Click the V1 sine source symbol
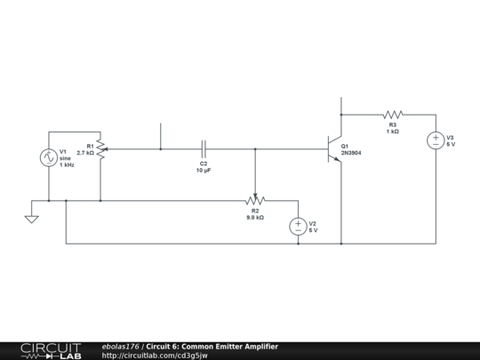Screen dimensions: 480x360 tap(49, 157)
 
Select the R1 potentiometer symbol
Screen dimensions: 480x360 tap(101, 149)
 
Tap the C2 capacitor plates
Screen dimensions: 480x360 tap(204, 149)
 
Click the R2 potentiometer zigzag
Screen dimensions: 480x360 tap(255, 201)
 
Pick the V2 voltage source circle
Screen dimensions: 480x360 tap(298, 227)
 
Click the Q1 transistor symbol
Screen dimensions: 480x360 tap(335, 149)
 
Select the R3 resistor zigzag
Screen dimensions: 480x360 tap(393, 115)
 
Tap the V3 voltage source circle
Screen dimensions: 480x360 tap(436, 140)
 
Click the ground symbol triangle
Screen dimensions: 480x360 tap(31, 220)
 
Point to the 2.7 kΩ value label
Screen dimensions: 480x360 tap(85, 153)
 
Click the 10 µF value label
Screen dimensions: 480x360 tap(204, 170)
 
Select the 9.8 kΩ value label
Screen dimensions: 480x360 tap(255, 218)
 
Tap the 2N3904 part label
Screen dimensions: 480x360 tap(351, 153)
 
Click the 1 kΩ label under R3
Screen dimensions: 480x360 tap(393, 132)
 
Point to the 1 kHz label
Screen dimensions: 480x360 tap(67, 164)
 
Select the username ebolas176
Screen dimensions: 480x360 tap(120, 347)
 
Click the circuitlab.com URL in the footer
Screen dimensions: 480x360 tap(155, 356)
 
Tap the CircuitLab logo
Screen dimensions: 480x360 tap(51, 351)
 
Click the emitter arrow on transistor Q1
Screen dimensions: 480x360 tap(337, 159)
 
